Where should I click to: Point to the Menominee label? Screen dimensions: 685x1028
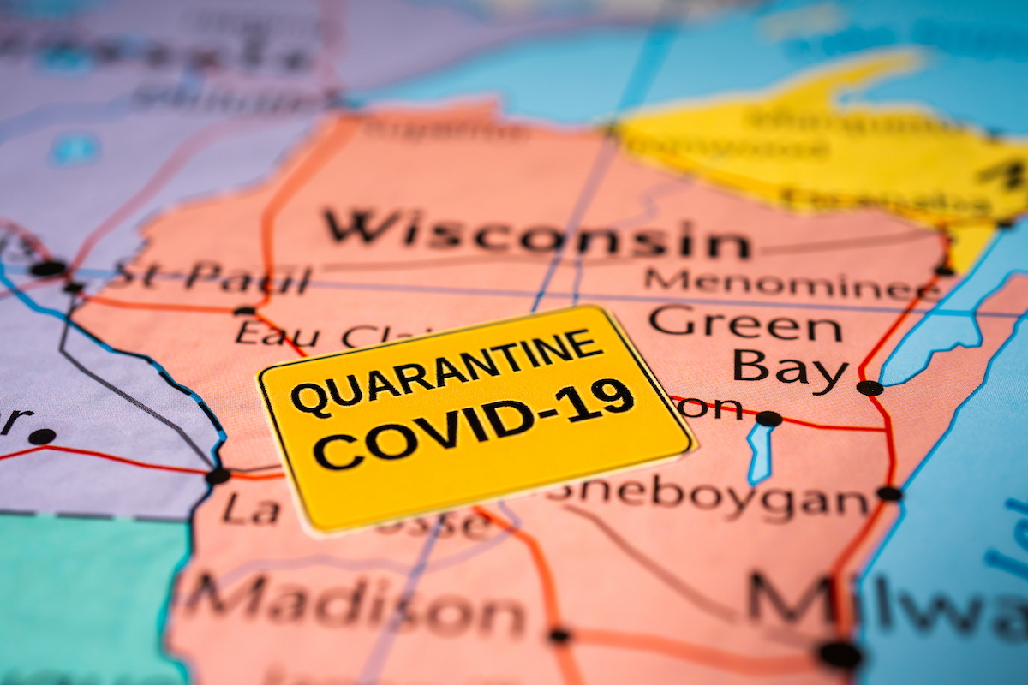[x=788, y=282]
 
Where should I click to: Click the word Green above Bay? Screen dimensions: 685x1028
[x=745, y=325]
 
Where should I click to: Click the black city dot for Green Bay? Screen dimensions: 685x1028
[x=869, y=388]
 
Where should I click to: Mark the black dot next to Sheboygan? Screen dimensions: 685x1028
[x=889, y=493]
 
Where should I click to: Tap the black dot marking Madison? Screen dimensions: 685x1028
[x=559, y=636]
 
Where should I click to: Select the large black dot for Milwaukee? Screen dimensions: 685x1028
[x=839, y=654]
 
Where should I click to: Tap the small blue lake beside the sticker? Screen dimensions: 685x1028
[x=759, y=454]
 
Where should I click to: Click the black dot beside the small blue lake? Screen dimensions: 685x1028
[x=768, y=419]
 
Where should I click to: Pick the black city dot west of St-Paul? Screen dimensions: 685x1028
[x=47, y=268]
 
